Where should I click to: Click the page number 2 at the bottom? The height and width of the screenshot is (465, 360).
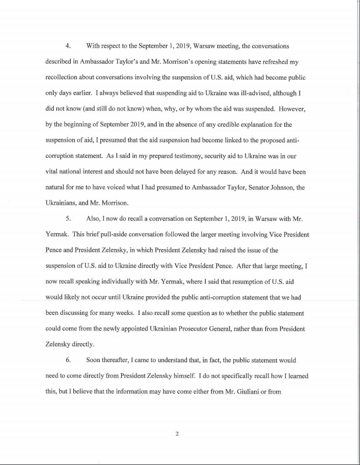point(177,433)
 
